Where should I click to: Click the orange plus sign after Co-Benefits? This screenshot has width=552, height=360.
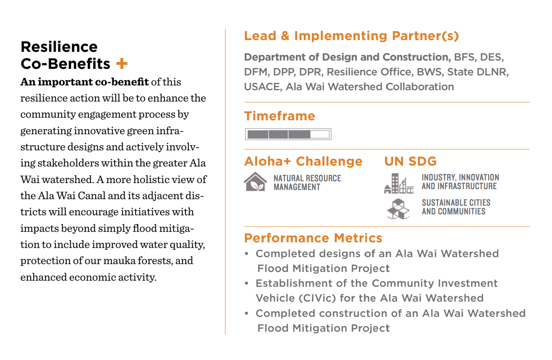pyautogui.click(x=122, y=64)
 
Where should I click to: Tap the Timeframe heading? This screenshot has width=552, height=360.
pyautogui.click(x=279, y=116)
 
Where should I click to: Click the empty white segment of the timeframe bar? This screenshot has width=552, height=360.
pyautogui.click(x=320, y=134)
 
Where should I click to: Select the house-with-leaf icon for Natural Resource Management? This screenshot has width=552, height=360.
pyautogui.click(x=256, y=182)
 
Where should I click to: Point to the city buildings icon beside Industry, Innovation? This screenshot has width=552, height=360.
pyautogui.click(x=399, y=183)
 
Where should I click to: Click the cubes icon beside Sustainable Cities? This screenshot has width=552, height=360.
pyautogui.click(x=398, y=209)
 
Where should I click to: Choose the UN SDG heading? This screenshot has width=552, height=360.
pyautogui.click(x=410, y=161)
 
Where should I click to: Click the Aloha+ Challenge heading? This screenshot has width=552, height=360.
pyautogui.click(x=303, y=161)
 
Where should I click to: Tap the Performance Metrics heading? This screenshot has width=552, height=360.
pyautogui.click(x=313, y=238)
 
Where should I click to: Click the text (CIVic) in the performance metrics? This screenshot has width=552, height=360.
pyautogui.click(x=317, y=298)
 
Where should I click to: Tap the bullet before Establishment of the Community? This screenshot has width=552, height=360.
pyautogui.click(x=247, y=283)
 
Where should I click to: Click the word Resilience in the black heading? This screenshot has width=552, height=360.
pyautogui.click(x=59, y=47)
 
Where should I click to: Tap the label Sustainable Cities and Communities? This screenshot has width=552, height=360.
pyautogui.click(x=456, y=207)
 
